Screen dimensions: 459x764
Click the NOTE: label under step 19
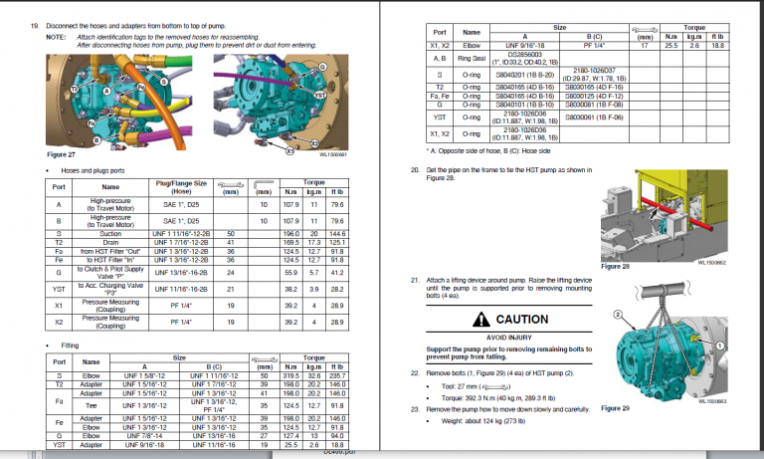(x=57, y=36)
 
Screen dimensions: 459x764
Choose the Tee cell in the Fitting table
(x=91, y=405)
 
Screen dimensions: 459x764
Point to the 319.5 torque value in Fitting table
(x=292, y=375)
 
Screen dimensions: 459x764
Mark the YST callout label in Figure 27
(x=320, y=94)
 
